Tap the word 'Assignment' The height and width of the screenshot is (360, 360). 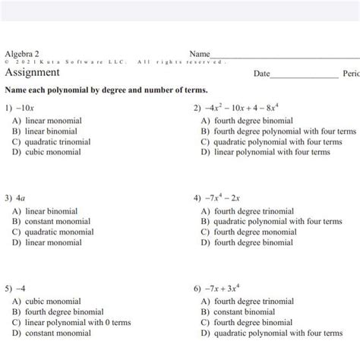(x=32, y=73)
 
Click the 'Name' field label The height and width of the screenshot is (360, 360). (x=199, y=54)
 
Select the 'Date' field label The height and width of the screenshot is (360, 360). (x=262, y=74)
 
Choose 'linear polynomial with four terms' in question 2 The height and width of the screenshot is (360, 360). (x=270, y=152)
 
